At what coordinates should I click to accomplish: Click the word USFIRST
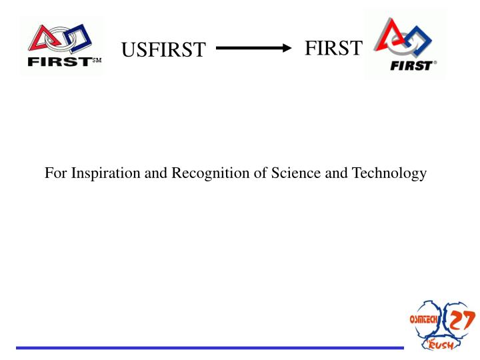pyautogui.click(x=164, y=50)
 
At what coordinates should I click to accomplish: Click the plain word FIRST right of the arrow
pyautogui.click(x=333, y=48)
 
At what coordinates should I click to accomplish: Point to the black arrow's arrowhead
pyautogui.click(x=287, y=48)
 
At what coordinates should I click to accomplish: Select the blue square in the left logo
pyautogui.click(x=79, y=39)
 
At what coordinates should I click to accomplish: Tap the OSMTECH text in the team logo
pyautogui.click(x=425, y=319)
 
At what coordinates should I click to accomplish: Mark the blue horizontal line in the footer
pyautogui.click(x=209, y=347)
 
